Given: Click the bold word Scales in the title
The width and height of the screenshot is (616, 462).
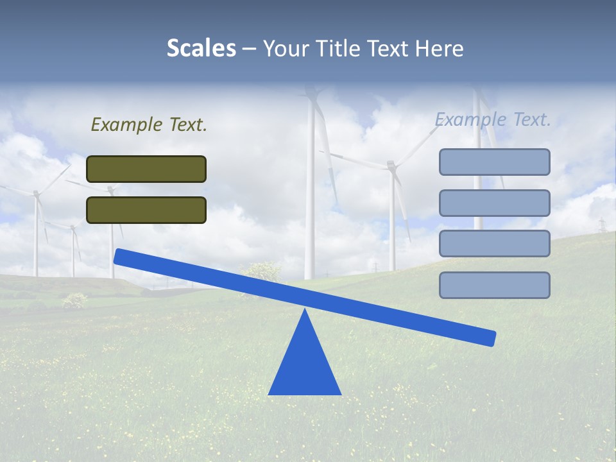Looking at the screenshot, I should (x=201, y=48).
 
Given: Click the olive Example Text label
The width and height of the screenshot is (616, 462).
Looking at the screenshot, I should (x=149, y=124).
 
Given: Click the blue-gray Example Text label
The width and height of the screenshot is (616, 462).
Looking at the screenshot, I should (x=493, y=119).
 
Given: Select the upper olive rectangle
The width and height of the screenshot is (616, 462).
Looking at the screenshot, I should (x=146, y=169).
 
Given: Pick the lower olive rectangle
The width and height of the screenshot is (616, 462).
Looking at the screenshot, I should (x=146, y=210).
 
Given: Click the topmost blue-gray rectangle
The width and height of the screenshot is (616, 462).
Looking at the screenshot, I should (x=494, y=162).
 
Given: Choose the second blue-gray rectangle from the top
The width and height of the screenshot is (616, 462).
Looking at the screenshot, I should (x=494, y=203).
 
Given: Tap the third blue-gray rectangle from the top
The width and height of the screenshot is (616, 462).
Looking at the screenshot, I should (x=494, y=244).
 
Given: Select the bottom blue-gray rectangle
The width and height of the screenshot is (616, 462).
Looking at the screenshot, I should (x=494, y=285).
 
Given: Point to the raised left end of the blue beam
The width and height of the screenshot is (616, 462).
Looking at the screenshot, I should (x=119, y=256).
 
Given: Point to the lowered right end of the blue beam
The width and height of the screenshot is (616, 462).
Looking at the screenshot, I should (x=490, y=338).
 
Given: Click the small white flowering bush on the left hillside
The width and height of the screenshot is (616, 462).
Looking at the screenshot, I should (x=75, y=299).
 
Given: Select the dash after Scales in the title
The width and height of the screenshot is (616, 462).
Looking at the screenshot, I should (x=250, y=49).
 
